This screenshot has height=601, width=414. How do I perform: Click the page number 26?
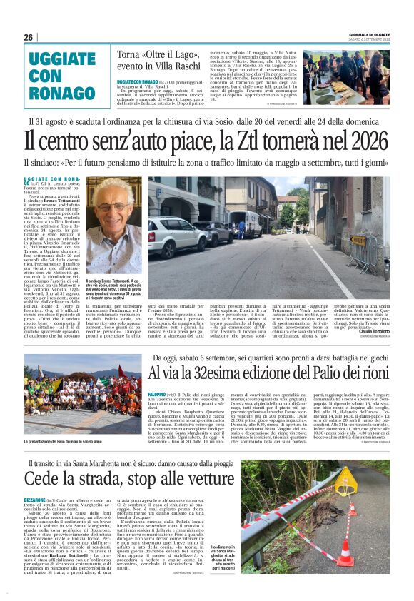[28, 37]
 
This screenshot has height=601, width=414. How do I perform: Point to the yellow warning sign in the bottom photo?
[345, 483]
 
